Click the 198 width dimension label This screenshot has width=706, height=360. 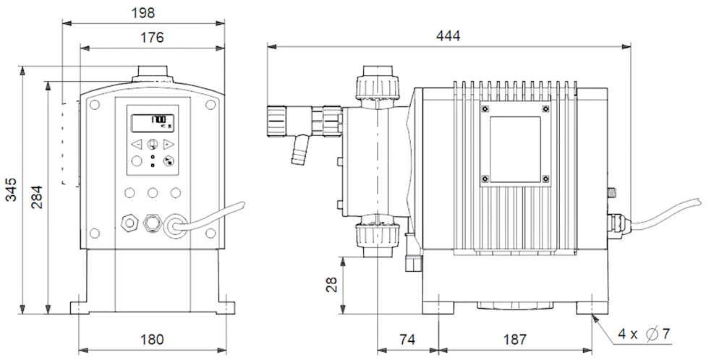[x=144, y=13]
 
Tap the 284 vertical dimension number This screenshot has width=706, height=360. [x=38, y=197]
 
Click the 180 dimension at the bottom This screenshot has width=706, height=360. [x=152, y=339]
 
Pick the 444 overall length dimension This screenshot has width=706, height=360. [x=448, y=36]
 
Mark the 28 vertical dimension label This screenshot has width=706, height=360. [x=331, y=284]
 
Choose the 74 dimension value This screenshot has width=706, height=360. [x=407, y=340]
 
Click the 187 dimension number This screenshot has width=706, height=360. [x=514, y=340]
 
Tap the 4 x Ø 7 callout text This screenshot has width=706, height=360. [x=644, y=335]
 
